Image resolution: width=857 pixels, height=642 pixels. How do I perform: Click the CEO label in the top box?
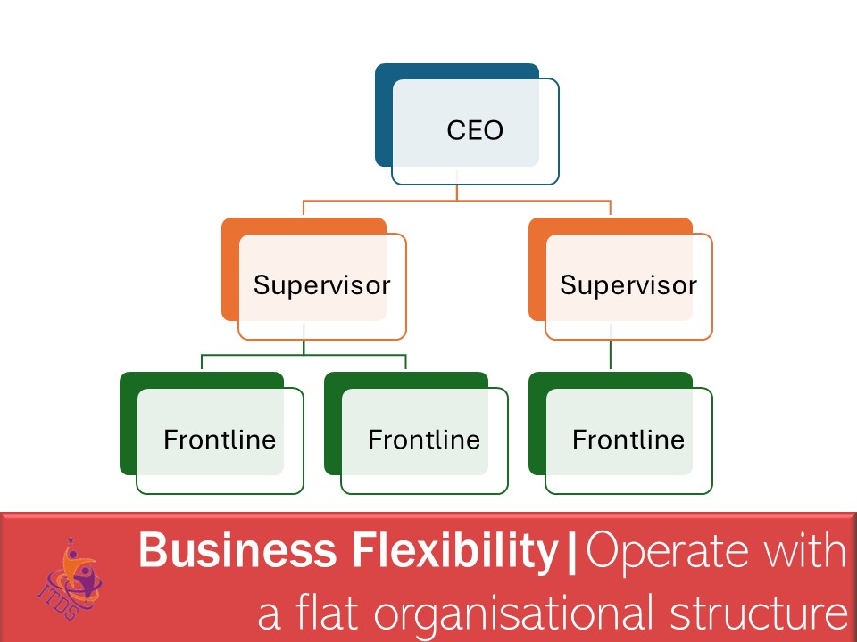click(x=475, y=131)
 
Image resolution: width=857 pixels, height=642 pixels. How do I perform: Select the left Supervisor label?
click(x=321, y=285)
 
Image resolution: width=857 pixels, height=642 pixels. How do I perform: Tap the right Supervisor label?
click(x=628, y=285)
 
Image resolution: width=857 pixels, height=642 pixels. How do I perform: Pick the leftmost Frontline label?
click(x=220, y=440)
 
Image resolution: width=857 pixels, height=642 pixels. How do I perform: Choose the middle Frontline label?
click(x=424, y=440)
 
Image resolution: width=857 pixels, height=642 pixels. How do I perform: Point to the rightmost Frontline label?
click(x=628, y=440)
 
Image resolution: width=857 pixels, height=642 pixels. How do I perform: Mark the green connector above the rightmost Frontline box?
click(x=611, y=355)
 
